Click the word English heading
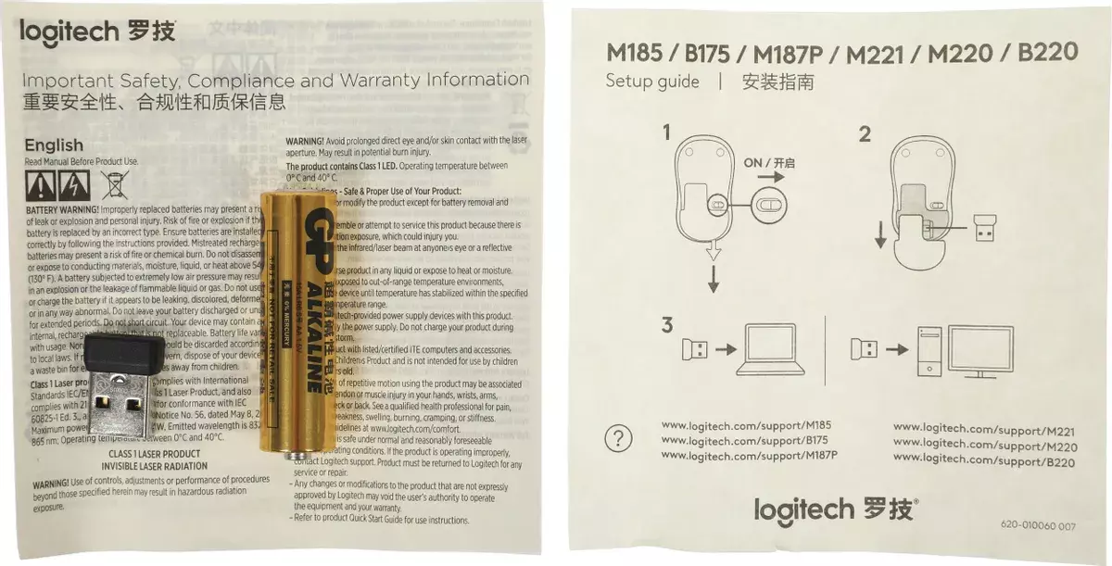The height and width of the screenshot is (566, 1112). coord(54,145)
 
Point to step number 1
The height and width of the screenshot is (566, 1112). coord(665,133)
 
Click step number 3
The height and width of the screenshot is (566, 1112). coord(666,325)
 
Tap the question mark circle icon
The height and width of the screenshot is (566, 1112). coord(618,438)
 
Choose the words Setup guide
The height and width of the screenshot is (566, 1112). coord(652,82)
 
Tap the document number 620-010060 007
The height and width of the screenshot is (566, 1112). coord(1037,525)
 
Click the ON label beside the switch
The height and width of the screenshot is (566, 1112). coord(752,162)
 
